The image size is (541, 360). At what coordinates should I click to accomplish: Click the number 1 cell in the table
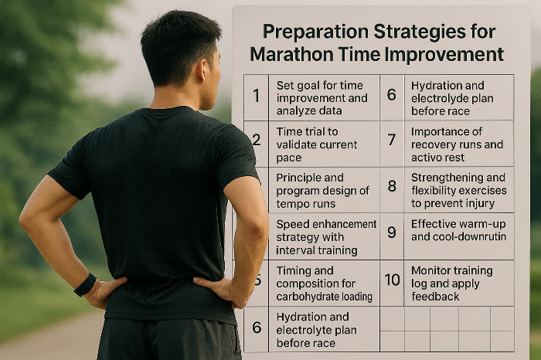[256, 97]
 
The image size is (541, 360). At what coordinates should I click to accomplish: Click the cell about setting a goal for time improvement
[322, 97]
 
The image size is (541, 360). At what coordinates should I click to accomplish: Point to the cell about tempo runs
[322, 190]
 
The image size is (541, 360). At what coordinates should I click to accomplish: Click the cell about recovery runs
[458, 144]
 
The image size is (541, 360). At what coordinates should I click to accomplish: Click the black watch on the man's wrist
[85, 284]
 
